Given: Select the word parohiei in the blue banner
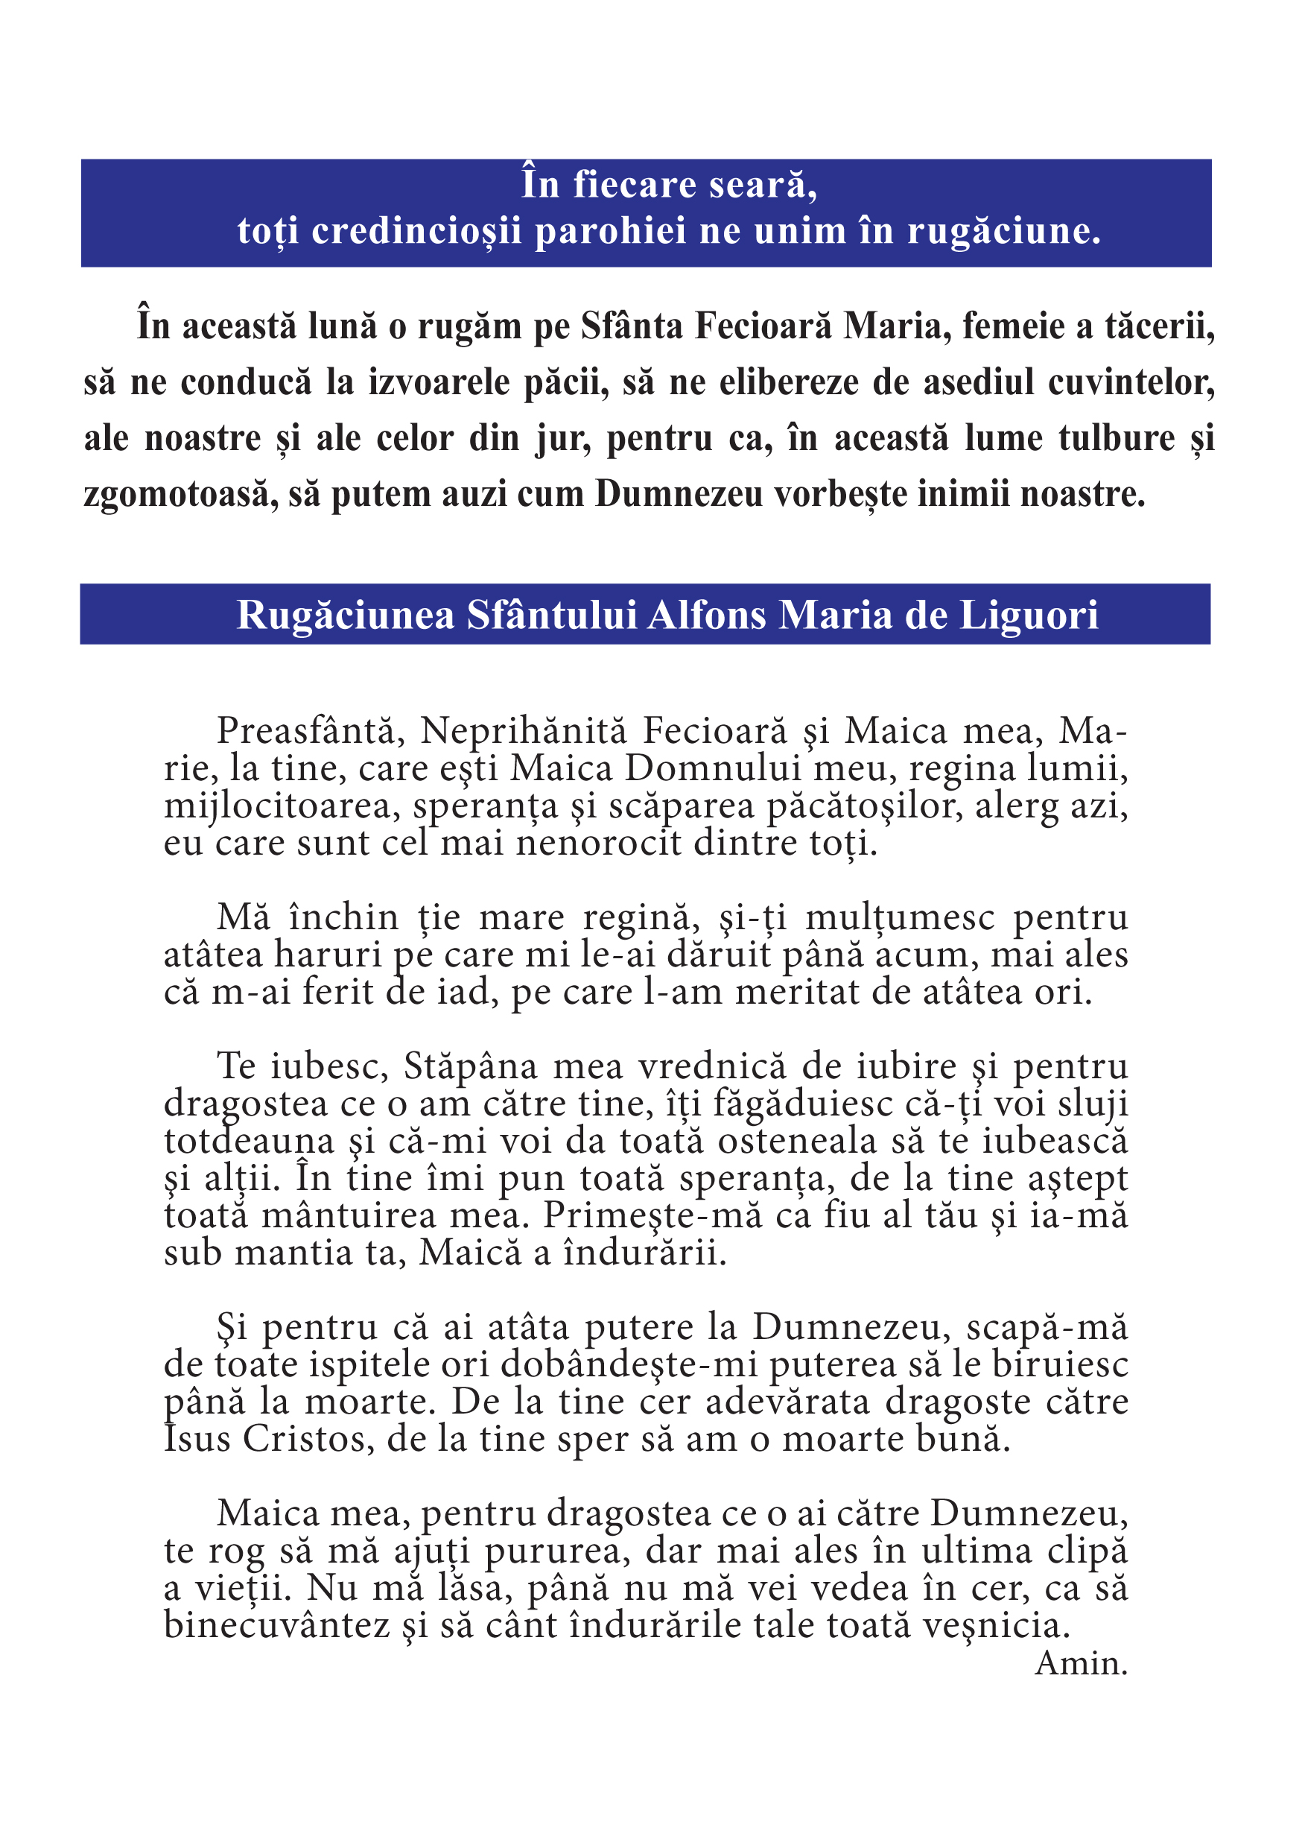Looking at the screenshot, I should (611, 232).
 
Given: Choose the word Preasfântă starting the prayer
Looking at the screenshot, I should (307, 731).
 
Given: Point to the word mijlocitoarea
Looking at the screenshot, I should (279, 806).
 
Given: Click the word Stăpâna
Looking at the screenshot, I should (470, 1066).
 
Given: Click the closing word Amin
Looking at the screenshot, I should (1082, 1663).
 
